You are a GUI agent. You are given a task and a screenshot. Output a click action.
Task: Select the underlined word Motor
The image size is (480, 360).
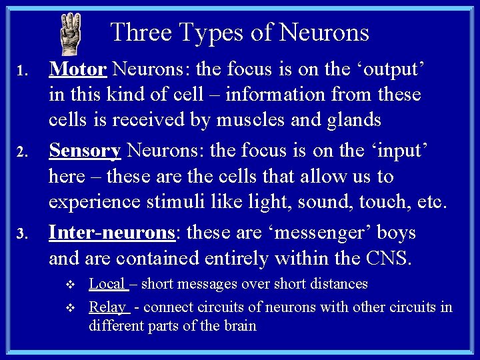click(x=78, y=69)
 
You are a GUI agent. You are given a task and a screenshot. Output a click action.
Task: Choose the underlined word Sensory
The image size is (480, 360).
click(x=85, y=151)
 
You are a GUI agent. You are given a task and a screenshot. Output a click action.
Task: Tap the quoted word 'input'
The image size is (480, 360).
click(x=396, y=151)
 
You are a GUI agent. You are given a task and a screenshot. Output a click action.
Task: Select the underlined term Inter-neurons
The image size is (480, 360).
click(x=111, y=233)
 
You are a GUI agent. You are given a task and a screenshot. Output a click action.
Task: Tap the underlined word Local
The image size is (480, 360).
click(x=107, y=284)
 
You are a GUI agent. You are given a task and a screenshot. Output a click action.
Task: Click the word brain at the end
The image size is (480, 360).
click(x=239, y=326)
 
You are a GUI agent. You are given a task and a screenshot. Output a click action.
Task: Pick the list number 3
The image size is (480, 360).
click(x=21, y=235)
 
